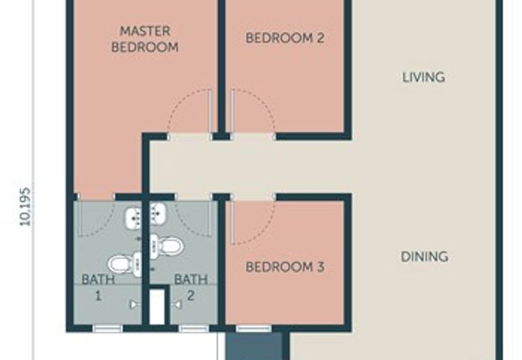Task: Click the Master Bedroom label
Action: coord(145,39)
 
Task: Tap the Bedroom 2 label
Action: coord(285,38)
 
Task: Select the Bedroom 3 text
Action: coord(285,267)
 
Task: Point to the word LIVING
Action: coord(423,77)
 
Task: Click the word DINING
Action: coord(425,256)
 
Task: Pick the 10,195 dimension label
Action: coord(25,207)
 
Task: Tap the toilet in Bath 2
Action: coord(166,247)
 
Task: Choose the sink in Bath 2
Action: coord(158,215)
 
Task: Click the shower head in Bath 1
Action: coord(135,305)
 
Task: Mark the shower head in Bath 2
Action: coord(176,304)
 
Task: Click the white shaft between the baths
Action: coord(157,307)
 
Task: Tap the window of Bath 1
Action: coord(107,329)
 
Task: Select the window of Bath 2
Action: coord(193,329)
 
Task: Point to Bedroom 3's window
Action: coord(254,329)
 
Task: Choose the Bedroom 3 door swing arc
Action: coord(265,230)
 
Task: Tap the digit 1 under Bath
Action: coord(99,295)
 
